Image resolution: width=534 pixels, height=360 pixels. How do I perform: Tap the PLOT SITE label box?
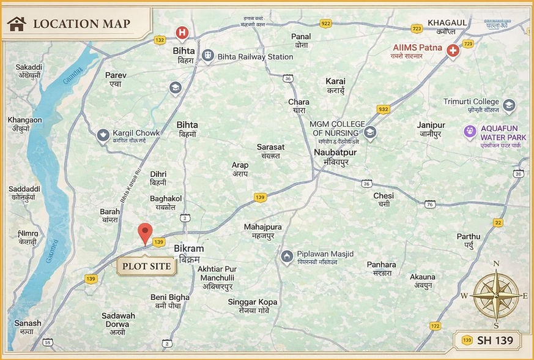[146, 266]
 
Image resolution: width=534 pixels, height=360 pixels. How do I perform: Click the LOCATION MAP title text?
[81, 24]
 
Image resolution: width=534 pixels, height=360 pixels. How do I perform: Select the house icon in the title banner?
[17, 24]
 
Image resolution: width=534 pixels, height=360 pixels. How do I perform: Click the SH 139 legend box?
[488, 340]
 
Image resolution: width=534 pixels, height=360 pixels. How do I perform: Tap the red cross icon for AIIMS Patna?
[453, 51]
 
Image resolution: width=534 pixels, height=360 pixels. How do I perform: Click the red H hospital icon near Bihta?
[182, 32]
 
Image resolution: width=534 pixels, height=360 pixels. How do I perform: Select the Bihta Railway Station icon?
[208, 56]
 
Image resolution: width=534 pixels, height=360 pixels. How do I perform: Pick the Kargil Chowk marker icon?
[103, 135]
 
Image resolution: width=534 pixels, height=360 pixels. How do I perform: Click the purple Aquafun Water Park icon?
[469, 130]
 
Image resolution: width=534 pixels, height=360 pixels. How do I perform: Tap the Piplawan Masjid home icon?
[286, 255]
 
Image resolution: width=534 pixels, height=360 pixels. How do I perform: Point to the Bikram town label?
[188, 249]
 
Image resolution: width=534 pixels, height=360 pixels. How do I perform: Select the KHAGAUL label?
[447, 22]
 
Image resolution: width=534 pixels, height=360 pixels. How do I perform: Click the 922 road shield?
[325, 23]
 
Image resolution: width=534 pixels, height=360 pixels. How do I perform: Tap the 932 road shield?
[383, 109]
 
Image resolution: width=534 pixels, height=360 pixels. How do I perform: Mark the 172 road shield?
[435, 326]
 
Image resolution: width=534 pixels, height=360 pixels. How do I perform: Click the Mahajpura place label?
[262, 227]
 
